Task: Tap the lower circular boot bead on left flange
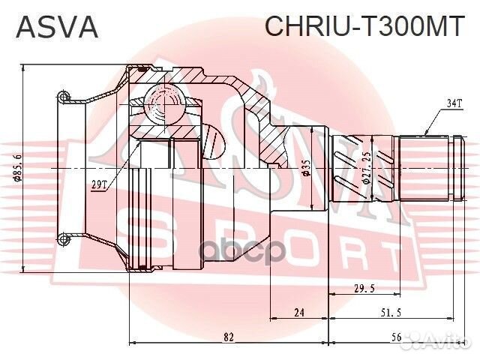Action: tap(64, 239)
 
